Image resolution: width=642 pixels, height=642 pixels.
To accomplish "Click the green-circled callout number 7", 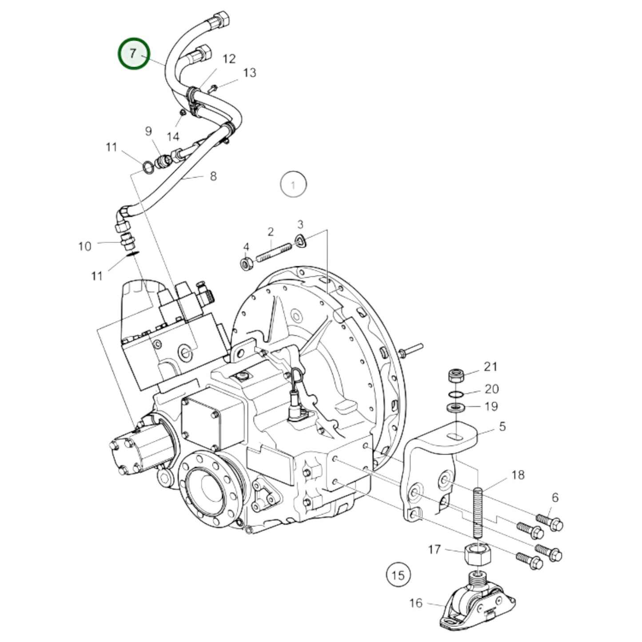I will [x=134, y=54].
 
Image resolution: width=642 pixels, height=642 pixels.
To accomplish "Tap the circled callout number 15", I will [x=398, y=575].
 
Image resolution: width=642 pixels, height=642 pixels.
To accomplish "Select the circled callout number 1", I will [x=293, y=184].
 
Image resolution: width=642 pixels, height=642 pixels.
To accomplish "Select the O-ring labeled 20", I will [x=455, y=395].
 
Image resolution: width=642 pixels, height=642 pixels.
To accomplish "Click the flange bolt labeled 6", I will [x=550, y=522].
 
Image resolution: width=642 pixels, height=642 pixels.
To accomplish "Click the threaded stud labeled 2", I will [x=274, y=251].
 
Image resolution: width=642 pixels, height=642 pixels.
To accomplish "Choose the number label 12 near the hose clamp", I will [x=229, y=59].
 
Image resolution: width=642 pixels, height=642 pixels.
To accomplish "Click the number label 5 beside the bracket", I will [x=502, y=427].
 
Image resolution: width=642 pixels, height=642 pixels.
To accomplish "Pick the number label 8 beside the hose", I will [x=213, y=176].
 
